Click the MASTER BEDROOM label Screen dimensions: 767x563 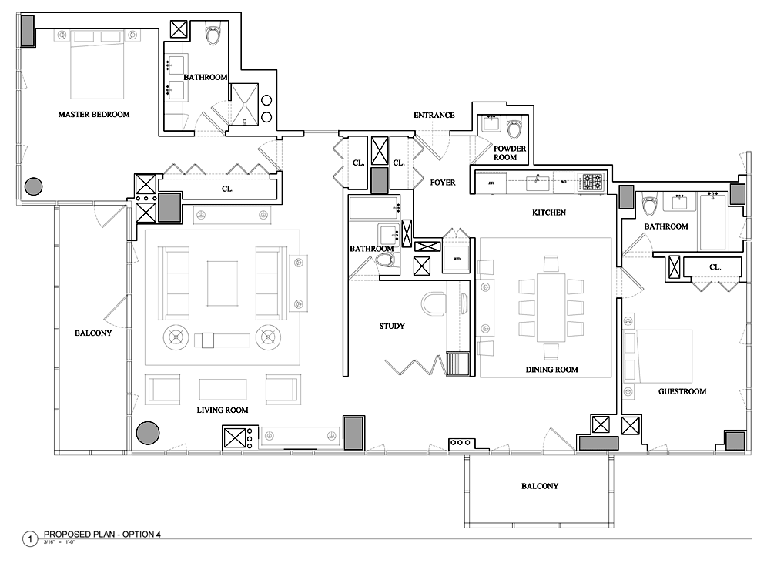(94, 114)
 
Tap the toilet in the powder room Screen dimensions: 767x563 (514, 126)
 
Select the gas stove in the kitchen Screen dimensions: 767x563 (591, 182)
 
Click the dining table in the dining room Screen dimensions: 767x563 (548, 307)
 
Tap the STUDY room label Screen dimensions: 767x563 (392, 326)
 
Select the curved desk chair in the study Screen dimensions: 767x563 (434, 304)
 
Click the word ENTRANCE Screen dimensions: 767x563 (434, 116)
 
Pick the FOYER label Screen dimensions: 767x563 (443, 183)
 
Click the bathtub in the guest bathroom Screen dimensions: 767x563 (712, 223)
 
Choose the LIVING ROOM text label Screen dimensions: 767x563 (223, 410)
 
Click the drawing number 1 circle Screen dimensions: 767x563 (30, 539)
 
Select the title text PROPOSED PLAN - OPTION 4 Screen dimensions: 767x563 (102, 534)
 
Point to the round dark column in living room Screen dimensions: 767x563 (147, 433)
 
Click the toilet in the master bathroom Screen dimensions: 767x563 (213, 35)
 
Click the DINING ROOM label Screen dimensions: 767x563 (551, 370)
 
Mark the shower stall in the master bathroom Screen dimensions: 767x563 (245, 102)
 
